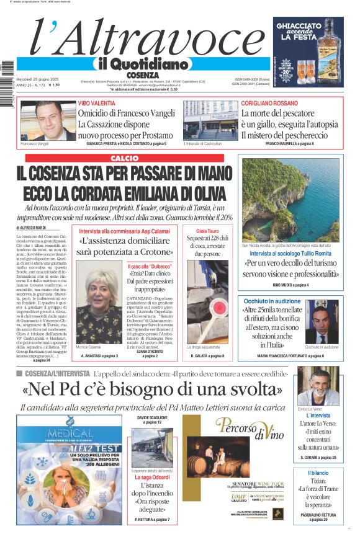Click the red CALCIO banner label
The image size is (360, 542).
pyautogui.click(x=124, y=159)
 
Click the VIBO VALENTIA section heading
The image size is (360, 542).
pyautogui.click(x=96, y=103)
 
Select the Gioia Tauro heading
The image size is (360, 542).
pyautogui.click(x=217, y=231)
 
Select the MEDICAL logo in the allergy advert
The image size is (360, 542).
pyautogui.click(x=61, y=433)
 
